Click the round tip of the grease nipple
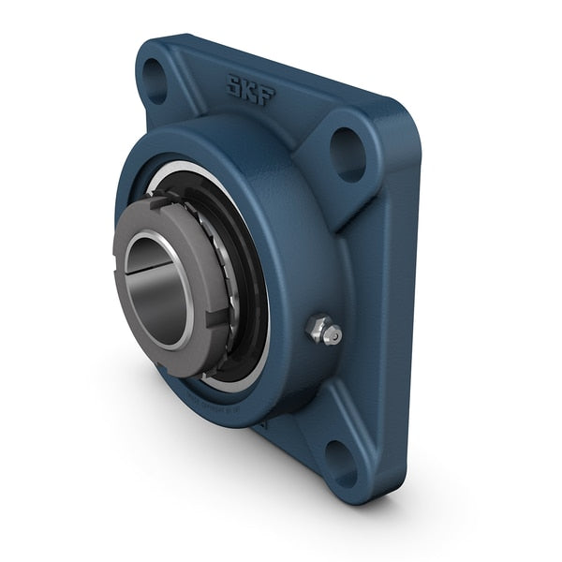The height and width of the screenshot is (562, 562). (334, 335)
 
